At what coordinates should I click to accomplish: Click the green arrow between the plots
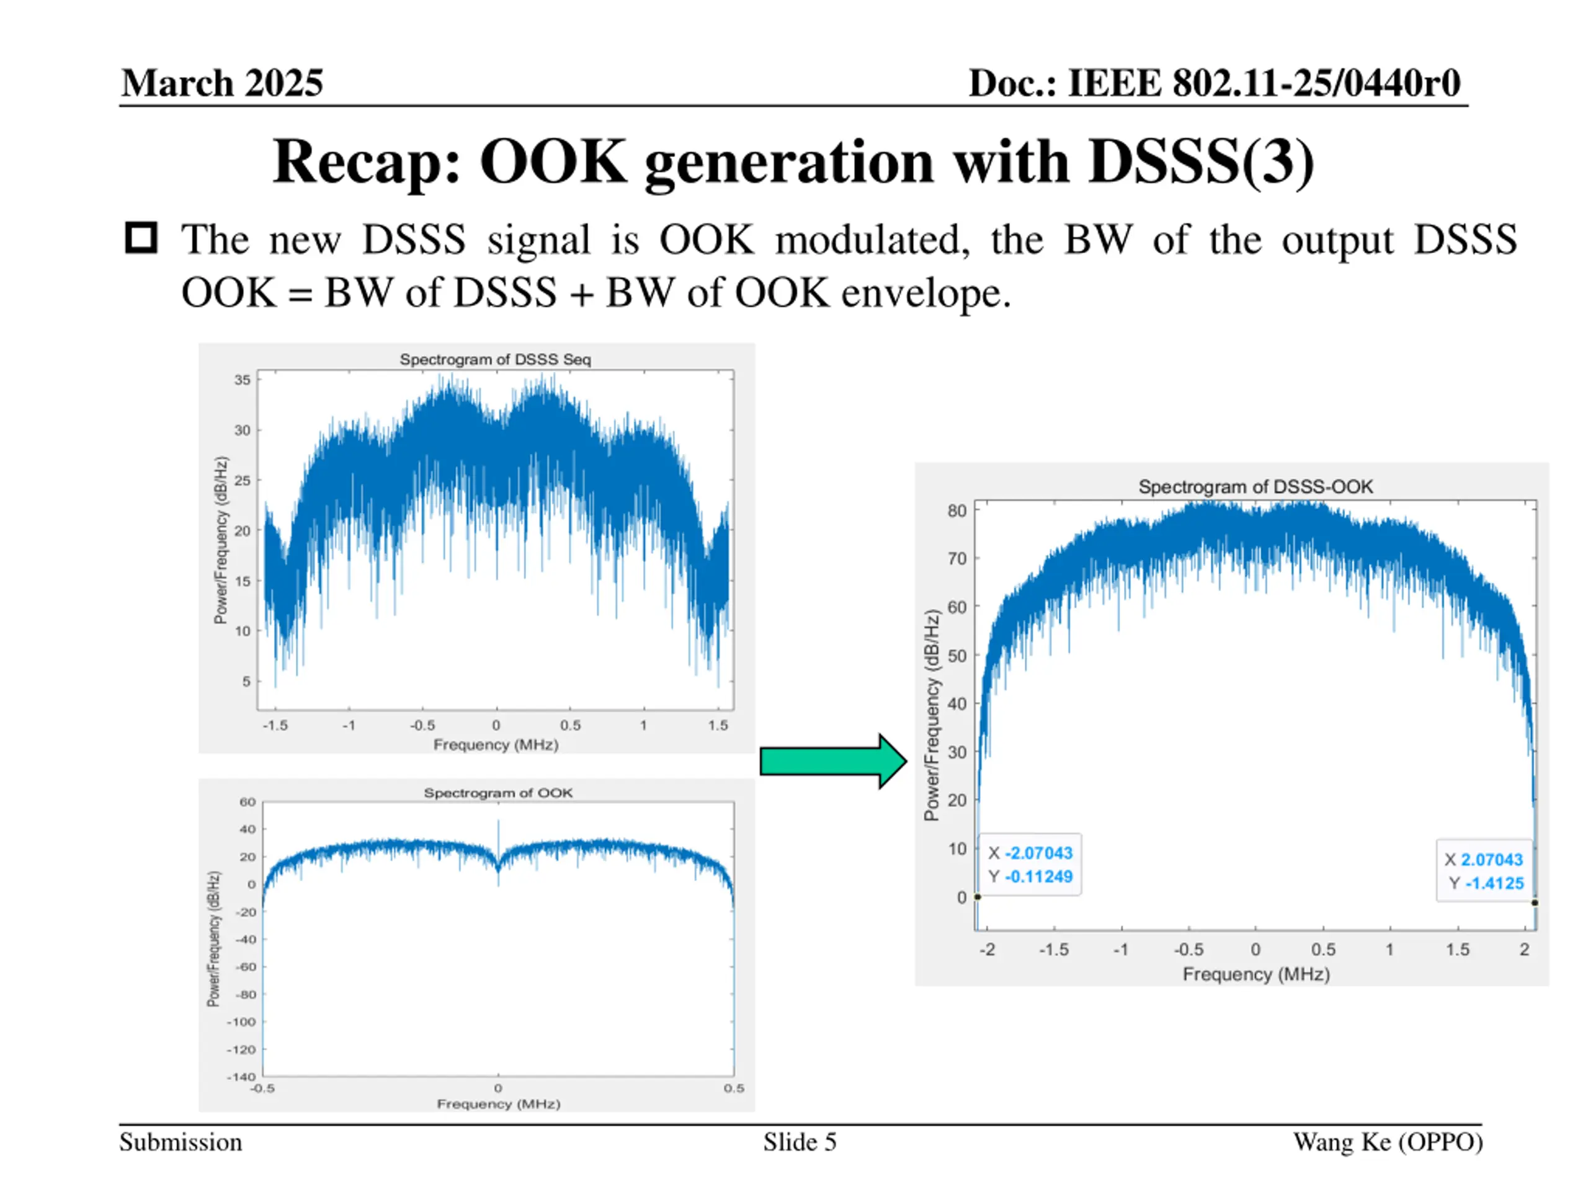tap(832, 761)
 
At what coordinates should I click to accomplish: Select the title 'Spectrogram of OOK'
tap(497, 793)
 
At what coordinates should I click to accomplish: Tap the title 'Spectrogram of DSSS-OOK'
tap(1255, 487)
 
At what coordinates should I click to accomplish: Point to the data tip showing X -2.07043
tap(1030, 864)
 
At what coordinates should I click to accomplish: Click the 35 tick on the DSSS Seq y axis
tap(243, 380)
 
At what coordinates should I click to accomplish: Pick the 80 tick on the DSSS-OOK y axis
tap(957, 511)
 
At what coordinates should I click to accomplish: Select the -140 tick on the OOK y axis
tap(241, 1076)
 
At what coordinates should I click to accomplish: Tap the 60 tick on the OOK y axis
tap(247, 802)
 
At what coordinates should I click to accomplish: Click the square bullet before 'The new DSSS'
tap(141, 238)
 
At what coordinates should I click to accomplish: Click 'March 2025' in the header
tap(222, 83)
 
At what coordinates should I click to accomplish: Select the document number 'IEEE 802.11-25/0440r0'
tap(1264, 83)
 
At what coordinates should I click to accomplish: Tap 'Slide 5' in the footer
tap(800, 1142)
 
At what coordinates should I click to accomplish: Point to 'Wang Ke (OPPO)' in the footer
tap(1388, 1142)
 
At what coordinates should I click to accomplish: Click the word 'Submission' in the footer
tap(181, 1142)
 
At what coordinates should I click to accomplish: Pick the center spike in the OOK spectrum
tap(498, 832)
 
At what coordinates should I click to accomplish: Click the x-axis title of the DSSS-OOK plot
tap(1256, 974)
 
